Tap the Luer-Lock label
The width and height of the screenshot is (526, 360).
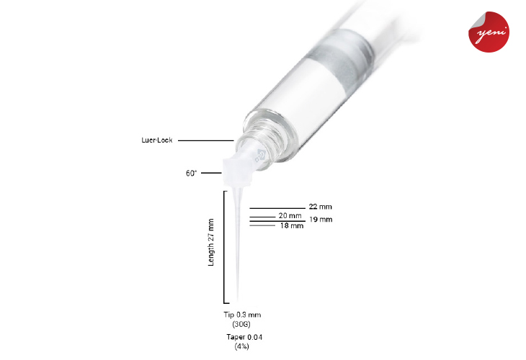pos(156,140)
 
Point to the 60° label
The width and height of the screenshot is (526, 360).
pos(191,173)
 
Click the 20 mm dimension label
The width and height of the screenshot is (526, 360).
pos(290,216)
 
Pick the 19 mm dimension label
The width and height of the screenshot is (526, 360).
pos(321,219)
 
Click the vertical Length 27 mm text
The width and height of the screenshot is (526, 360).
pos(211,243)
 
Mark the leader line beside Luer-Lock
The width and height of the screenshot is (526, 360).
pos(205,140)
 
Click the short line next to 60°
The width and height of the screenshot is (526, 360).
pos(211,173)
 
